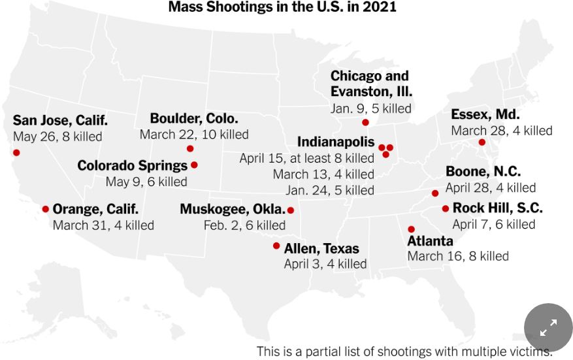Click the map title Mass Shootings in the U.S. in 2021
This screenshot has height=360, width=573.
click(282, 7)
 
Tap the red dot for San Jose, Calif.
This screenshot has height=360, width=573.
click(16, 153)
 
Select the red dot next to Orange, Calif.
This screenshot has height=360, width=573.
click(46, 209)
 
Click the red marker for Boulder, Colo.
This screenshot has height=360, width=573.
click(190, 149)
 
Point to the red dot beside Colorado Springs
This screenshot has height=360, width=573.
click(194, 165)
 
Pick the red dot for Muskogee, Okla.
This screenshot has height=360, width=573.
click(291, 210)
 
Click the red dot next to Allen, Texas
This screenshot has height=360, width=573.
click(276, 246)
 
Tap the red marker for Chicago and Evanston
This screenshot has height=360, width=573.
click(365, 123)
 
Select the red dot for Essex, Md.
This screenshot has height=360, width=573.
click(482, 142)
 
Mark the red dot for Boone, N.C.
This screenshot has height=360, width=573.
click(435, 193)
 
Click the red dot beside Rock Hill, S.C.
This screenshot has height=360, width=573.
click(446, 209)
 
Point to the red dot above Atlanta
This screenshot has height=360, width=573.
click(411, 229)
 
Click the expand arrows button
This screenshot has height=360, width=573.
click(548, 327)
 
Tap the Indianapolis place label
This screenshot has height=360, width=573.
click(336, 142)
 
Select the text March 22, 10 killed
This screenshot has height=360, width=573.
click(194, 135)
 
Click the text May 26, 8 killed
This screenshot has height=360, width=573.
click(57, 137)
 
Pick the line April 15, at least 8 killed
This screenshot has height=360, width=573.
click(306, 158)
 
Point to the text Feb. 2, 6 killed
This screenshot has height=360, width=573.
click(244, 225)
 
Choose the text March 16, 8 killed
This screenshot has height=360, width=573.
click(458, 256)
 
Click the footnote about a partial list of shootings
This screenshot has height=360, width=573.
click(404, 352)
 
